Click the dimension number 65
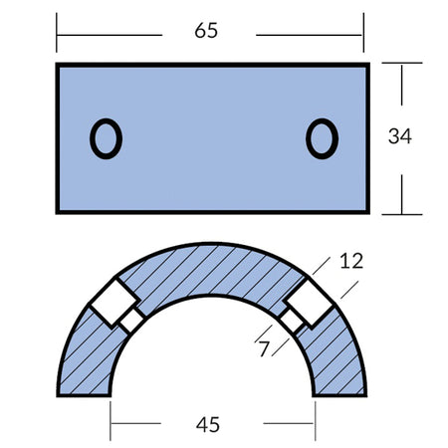click(x=206, y=31)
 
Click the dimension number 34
click(x=400, y=136)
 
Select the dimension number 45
click(x=208, y=425)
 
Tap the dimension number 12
click(x=351, y=261)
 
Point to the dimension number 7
click(x=264, y=349)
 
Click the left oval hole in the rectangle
click(x=106, y=138)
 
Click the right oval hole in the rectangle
click(x=322, y=138)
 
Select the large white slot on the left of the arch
click(x=114, y=302)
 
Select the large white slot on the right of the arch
click(x=310, y=303)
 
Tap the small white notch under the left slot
click(x=131, y=321)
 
